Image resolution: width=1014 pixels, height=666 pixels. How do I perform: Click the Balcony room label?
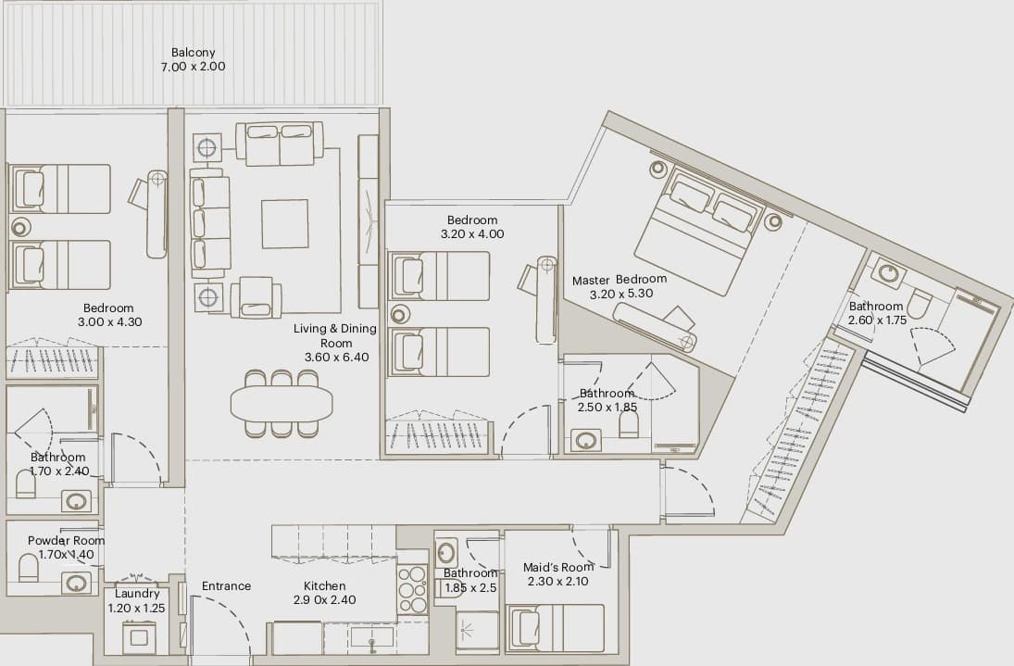(x=193, y=53)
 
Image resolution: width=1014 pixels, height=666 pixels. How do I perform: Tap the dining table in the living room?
(x=282, y=404)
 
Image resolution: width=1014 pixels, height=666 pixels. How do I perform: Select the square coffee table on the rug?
(x=284, y=224)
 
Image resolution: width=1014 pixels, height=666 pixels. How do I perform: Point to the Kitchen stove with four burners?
(x=412, y=589)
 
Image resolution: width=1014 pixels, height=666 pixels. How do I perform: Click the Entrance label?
(x=226, y=585)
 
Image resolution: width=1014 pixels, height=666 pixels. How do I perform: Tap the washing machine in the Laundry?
(x=139, y=637)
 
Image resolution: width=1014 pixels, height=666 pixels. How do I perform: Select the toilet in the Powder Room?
(x=29, y=568)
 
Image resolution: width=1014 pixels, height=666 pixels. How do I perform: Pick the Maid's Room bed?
(x=556, y=627)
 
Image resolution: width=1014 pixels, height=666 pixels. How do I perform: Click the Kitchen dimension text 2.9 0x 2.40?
(x=325, y=600)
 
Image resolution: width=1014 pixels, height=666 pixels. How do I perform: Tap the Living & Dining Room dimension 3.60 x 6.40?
(x=336, y=357)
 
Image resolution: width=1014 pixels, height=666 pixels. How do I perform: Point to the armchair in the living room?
(x=257, y=297)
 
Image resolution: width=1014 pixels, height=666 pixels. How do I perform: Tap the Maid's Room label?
(x=558, y=567)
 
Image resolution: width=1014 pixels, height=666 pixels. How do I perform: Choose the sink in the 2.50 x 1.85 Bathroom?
(x=586, y=440)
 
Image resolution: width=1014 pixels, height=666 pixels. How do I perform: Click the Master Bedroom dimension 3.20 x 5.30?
(x=620, y=294)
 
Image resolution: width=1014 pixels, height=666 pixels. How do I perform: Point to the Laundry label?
(x=137, y=594)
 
